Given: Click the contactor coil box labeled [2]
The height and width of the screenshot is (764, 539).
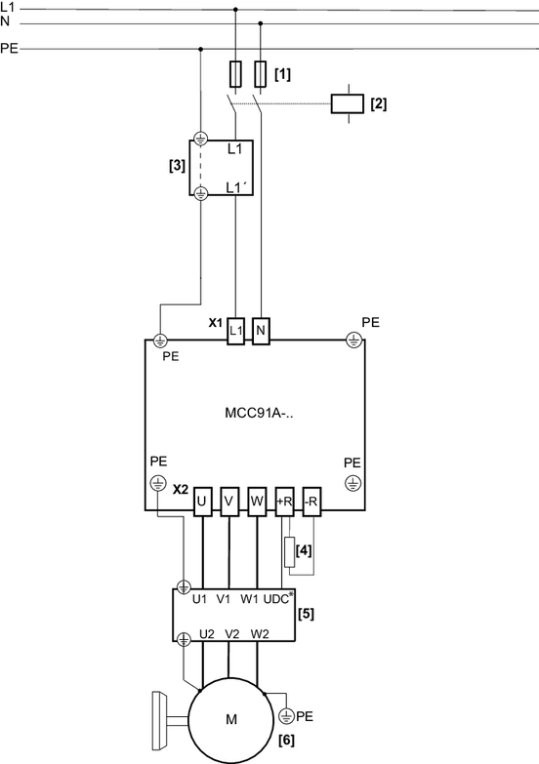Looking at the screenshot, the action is (x=347, y=103).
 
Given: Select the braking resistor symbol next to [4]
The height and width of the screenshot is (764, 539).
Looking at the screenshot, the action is (x=290, y=552).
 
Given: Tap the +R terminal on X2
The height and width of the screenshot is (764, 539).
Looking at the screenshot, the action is (x=284, y=502).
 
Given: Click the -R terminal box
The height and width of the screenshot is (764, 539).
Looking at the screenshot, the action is (x=311, y=502).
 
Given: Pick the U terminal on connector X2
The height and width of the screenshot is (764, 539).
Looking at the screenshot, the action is (x=202, y=502).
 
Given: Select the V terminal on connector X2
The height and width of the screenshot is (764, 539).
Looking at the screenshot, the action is (x=229, y=502).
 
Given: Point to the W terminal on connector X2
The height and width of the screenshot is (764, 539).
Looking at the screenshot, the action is (x=257, y=502).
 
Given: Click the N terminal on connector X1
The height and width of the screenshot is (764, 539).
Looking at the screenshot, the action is (x=261, y=331).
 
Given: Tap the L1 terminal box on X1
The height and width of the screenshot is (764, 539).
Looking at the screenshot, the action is (x=235, y=331).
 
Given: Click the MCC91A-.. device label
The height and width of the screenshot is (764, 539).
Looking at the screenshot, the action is (x=259, y=413).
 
